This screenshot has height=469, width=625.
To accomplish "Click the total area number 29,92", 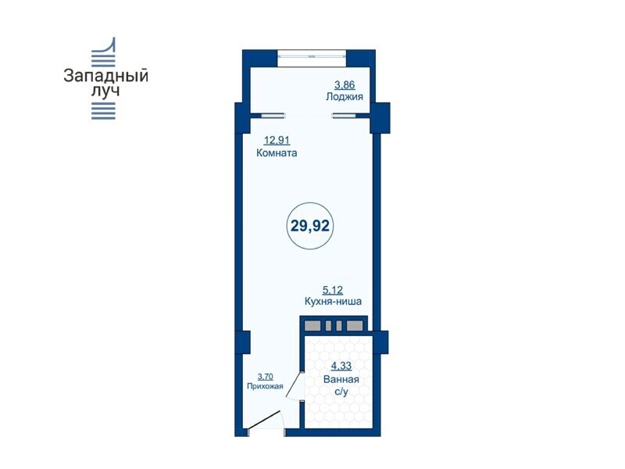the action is click(x=310, y=226).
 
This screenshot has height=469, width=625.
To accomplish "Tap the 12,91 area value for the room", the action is click(x=277, y=141).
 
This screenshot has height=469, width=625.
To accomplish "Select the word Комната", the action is click(x=277, y=153).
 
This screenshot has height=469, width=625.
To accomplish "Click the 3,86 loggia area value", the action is click(x=345, y=85).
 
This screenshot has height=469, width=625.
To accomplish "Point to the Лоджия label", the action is click(x=345, y=96).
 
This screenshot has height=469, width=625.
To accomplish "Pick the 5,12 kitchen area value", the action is click(x=333, y=290).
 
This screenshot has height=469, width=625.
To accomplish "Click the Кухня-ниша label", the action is click(x=333, y=302).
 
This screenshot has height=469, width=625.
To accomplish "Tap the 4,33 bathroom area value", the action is click(x=341, y=366).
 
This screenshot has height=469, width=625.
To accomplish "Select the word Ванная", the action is click(x=341, y=379).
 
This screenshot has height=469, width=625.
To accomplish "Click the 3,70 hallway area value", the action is click(x=266, y=377).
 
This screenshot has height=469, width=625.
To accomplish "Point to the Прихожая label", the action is click(x=265, y=386).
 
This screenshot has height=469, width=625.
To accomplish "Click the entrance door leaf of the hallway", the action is click(x=263, y=421).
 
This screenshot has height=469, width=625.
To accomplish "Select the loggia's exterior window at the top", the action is click(x=312, y=55).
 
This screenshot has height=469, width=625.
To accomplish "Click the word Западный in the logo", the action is click(x=106, y=76).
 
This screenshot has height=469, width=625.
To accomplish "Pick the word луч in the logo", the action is click(x=105, y=91).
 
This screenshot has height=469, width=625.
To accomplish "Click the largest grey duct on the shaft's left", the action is click(x=312, y=326).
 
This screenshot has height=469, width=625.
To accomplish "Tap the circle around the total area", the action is click(x=310, y=203).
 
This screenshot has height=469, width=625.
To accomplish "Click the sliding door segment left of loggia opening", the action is click(x=274, y=116).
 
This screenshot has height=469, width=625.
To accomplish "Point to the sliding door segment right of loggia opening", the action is click(x=345, y=116).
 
